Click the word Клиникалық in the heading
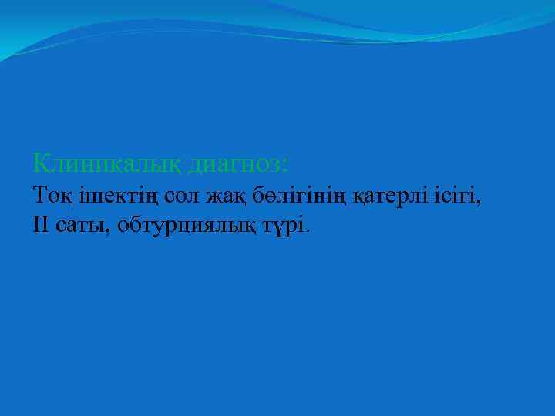[x=108, y=163]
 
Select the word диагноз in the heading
[x=233, y=163]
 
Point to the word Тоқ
[x=50, y=196]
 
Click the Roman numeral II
[x=42, y=225]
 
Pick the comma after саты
[x=105, y=231]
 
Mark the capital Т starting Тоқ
[x=40, y=196]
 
